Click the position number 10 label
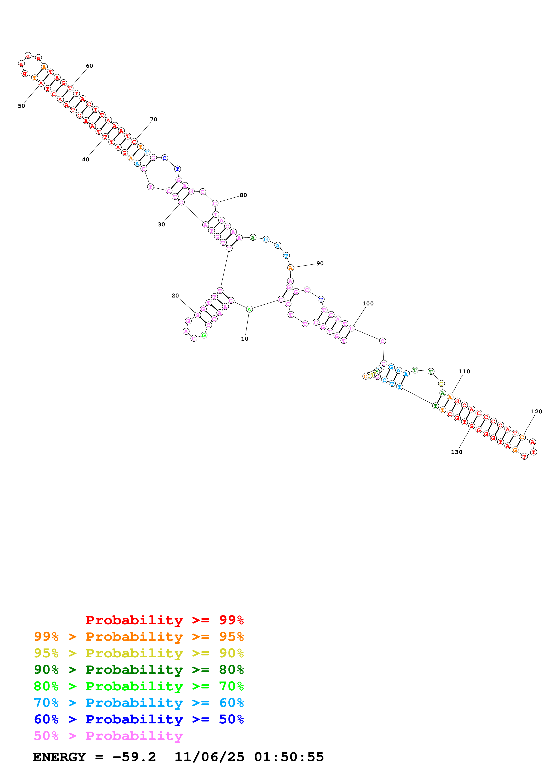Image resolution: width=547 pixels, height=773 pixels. [245, 339]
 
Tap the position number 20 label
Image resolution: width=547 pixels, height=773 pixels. [175, 295]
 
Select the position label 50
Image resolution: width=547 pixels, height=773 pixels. [21, 106]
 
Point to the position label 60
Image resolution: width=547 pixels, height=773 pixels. [89, 66]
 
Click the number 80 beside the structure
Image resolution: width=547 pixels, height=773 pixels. [243, 195]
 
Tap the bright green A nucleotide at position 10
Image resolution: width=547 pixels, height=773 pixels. [249, 309]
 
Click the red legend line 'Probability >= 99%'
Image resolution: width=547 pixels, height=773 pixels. [164, 620]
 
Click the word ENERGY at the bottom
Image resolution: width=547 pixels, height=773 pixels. [59, 757]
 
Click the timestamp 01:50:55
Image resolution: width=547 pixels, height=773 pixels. [289, 757]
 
